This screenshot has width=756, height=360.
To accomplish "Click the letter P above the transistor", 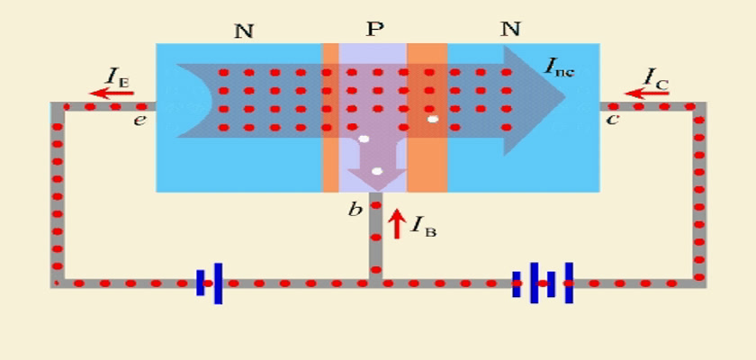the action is tap(374, 30).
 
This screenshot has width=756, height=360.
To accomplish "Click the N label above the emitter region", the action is tap(244, 31).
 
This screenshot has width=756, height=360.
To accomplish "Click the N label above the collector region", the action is tap(510, 30).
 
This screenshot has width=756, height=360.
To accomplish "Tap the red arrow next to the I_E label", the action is tap(112, 92).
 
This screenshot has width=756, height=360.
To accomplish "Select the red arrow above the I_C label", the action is tap(646, 93).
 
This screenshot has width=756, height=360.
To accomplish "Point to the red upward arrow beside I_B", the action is tap(396, 224).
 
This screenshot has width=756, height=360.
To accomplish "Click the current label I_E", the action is tap(118, 77).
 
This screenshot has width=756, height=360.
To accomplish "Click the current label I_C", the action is tap(656, 77).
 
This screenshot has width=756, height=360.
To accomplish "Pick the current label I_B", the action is tap(423, 226).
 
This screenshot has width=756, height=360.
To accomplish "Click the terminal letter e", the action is tap(139, 120).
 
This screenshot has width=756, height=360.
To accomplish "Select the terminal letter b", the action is tap(355, 211).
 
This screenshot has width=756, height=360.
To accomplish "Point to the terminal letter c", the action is tap(612, 119).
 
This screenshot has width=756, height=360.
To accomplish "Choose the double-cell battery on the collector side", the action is tap(543, 283).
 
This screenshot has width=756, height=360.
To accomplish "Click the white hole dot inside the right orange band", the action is tap(433, 119).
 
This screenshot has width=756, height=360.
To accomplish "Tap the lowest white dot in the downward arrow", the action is tap(377, 171).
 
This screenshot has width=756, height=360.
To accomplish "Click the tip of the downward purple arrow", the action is tap(377, 191).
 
